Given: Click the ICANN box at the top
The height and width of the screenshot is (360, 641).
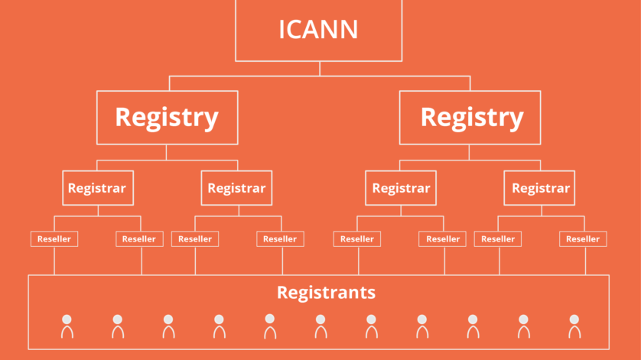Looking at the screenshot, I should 318,30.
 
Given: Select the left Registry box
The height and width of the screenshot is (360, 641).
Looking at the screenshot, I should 167,117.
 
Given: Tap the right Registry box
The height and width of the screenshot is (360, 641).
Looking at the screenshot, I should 471,117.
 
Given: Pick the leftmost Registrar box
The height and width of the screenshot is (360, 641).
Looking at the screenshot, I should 97,188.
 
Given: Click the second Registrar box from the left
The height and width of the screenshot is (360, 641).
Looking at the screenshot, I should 236,188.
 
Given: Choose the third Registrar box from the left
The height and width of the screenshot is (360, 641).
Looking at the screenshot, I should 401,188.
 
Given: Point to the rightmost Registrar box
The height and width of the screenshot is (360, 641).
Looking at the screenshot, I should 539,188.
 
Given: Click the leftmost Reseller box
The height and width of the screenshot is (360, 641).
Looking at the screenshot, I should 54,239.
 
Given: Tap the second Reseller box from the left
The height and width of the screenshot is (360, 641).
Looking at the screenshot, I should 139,239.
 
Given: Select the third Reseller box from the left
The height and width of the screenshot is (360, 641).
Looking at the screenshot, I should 195,239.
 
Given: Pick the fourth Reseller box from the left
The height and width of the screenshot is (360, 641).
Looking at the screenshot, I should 280,239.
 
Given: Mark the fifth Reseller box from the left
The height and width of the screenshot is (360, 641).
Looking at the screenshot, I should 357,239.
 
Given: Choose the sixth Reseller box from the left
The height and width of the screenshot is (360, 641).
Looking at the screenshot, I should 443,239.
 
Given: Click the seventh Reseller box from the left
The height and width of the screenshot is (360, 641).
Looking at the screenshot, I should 498,239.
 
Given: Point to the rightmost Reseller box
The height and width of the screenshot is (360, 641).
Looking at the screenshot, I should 583,239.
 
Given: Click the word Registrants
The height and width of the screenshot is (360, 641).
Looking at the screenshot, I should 326,292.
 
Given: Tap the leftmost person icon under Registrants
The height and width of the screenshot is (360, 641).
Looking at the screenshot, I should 67,326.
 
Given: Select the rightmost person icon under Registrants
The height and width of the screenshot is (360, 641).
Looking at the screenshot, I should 574,326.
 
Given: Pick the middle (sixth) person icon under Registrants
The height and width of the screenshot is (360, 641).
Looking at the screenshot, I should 320,326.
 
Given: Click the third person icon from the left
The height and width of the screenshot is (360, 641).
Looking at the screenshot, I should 168,326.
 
